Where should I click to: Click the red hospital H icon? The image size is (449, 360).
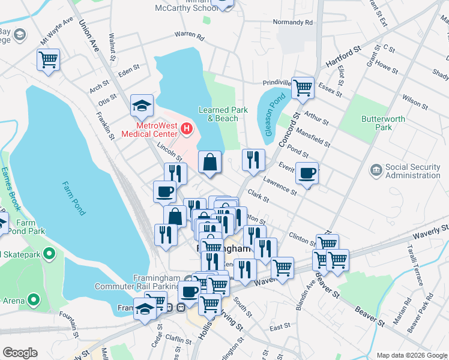[187, 128]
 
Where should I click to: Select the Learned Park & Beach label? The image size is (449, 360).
[218, 114]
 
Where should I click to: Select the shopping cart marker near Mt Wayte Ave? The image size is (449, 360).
[48, 59]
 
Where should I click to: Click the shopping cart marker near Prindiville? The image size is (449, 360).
[303, 88]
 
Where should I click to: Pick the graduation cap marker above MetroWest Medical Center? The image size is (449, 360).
[142, 106]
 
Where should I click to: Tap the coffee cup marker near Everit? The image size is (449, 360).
[307, 173]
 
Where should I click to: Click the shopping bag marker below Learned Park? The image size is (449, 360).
[210, 163]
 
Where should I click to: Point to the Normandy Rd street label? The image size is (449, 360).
[293, 22]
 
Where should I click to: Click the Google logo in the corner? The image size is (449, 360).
[20, 353]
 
